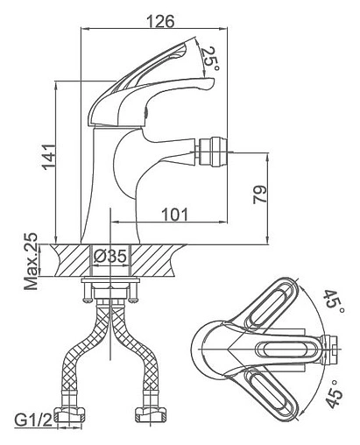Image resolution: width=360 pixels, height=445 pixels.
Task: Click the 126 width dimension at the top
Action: coord(160,21)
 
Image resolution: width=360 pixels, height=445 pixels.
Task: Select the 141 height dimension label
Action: coord(48,157)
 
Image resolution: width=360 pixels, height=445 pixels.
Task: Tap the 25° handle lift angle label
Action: coord(210,60)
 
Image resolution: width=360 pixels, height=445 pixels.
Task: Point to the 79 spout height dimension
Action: coord(259,194)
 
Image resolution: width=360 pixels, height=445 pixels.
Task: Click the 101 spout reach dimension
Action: coord(175,215)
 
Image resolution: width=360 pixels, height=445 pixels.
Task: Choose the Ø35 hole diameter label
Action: coord(110,257)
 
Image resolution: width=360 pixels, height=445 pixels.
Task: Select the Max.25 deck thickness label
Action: coord(31,261)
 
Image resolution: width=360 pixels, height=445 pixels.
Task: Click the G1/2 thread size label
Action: coord(33,420)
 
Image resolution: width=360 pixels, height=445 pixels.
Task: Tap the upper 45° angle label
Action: coord(334,301)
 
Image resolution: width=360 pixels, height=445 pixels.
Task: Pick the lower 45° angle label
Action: coord(334,394)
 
